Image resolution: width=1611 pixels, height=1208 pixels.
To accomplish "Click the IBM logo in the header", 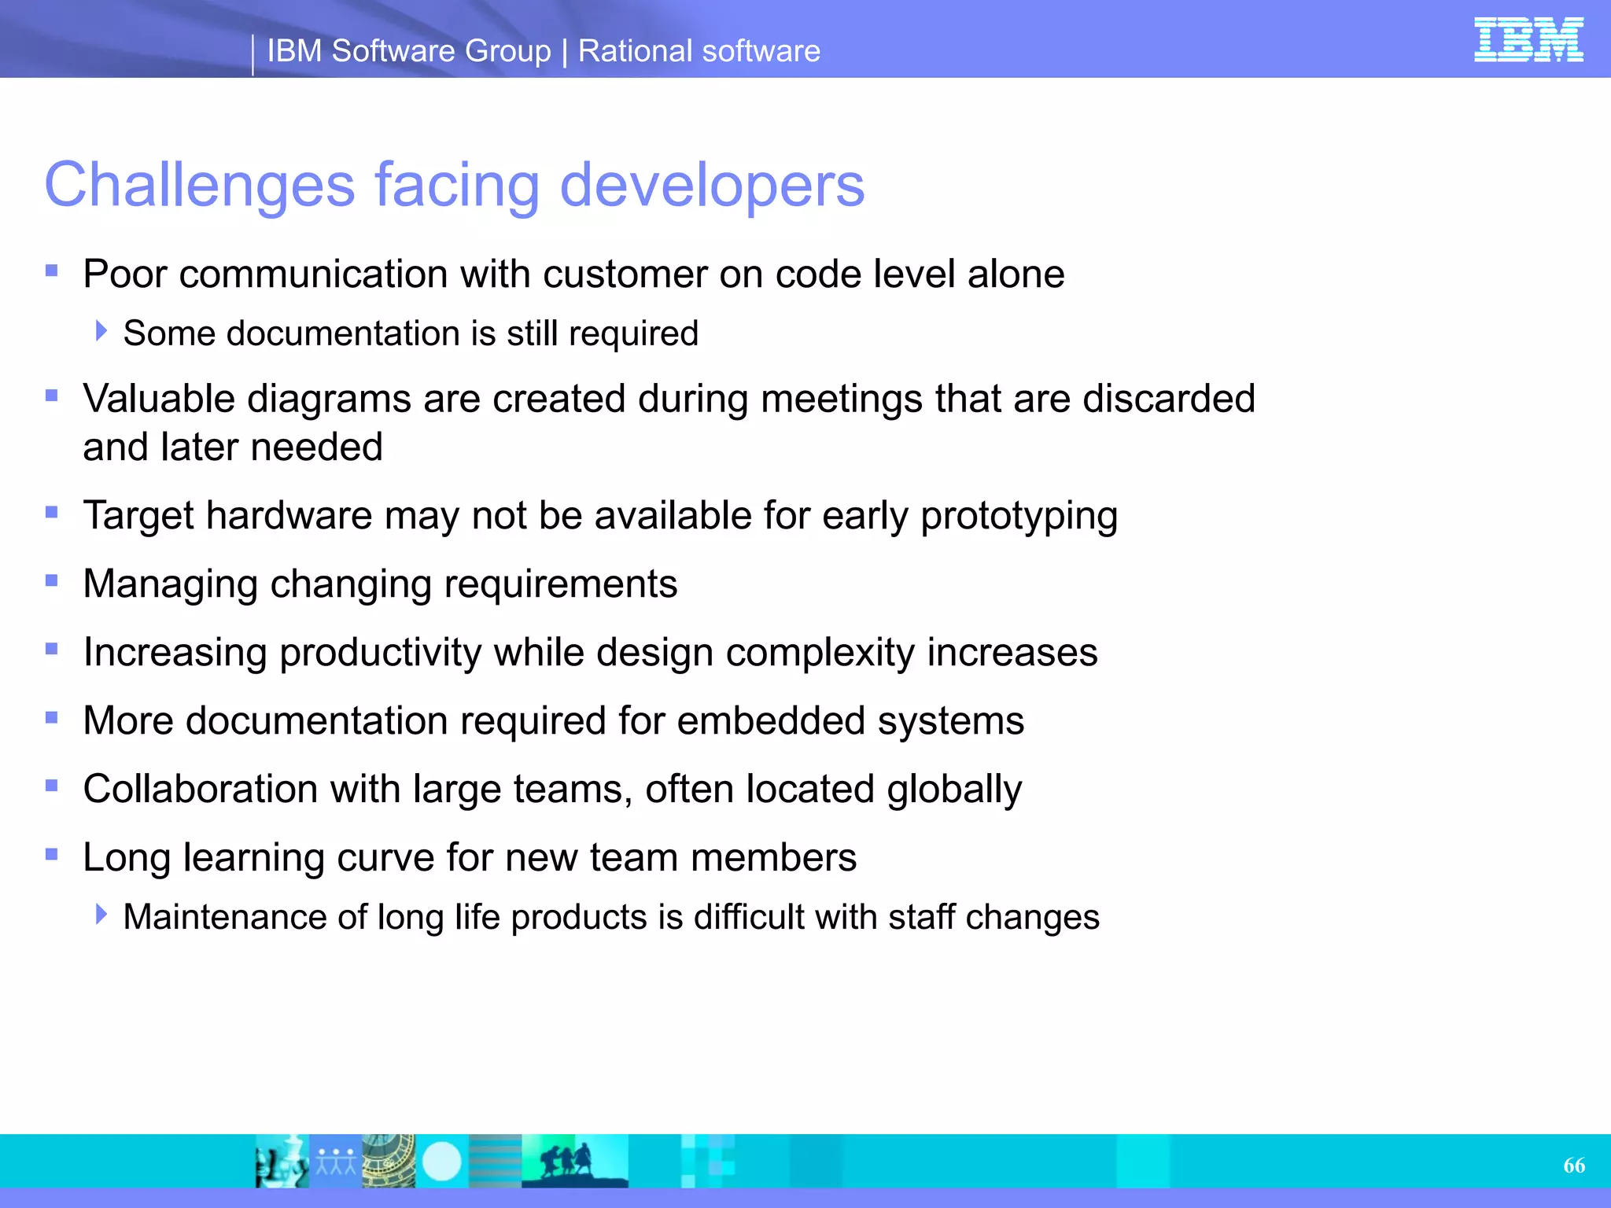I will tap(1528, 39).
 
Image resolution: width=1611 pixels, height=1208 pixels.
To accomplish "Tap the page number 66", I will tap(1574, 1166).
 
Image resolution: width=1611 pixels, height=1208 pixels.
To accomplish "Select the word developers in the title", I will tap(712, 186).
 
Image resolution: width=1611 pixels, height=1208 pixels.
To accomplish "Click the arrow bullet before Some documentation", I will tap(101, 331).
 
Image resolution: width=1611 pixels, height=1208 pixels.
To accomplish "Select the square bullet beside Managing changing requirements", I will tap(52, 581).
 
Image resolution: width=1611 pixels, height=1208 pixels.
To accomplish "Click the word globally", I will tap(954, 790).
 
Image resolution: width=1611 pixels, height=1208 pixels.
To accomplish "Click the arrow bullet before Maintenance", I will tap(101, 914).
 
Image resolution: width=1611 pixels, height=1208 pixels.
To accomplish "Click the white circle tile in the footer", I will tap(442, 1162).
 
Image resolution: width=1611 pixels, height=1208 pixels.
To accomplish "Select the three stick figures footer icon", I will tap(336, 1162).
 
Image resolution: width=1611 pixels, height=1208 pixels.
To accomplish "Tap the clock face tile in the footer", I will tap(389, 1162).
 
